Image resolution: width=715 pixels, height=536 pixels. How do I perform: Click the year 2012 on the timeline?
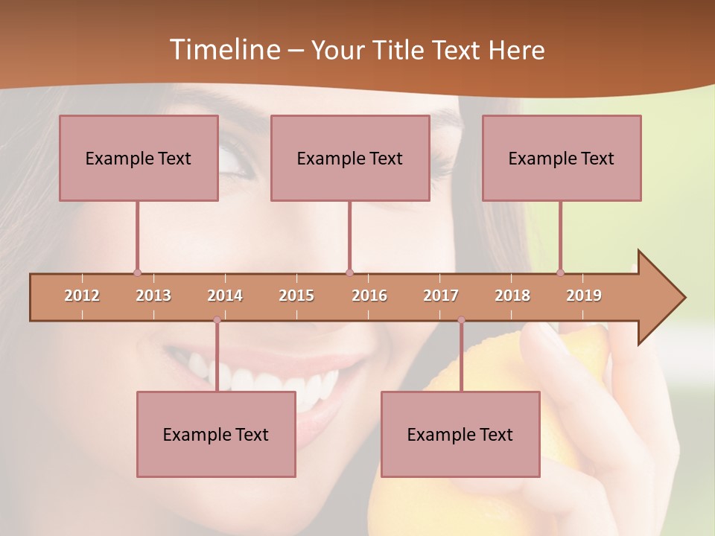82,296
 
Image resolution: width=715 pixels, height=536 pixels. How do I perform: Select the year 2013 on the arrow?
153,296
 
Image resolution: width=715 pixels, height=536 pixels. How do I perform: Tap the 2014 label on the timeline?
225,296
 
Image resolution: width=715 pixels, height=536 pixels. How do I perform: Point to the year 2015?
296,296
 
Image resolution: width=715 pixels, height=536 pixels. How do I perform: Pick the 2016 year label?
369,296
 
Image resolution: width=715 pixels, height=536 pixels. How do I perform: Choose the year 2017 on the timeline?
441,296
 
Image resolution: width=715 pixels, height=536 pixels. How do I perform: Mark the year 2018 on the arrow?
512,296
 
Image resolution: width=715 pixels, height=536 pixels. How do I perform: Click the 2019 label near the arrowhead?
584,296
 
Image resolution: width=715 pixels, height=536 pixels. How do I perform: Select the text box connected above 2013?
139,158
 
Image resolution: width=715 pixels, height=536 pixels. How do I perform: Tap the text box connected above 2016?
350,158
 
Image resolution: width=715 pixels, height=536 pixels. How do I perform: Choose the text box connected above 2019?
562,158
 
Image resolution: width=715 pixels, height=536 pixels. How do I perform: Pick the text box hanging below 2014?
216,434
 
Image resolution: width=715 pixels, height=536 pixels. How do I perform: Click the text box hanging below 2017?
460,434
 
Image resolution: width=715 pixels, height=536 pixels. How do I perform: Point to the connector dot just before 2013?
137,272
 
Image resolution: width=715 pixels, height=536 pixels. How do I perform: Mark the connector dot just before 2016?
349,272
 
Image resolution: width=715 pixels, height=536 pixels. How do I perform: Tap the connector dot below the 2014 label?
217,320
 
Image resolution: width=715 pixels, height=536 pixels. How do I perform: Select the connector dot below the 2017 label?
461,320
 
